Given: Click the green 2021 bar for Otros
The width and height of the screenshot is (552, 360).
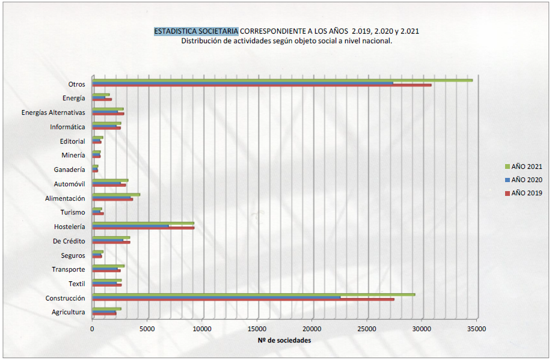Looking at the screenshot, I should click(283, 80).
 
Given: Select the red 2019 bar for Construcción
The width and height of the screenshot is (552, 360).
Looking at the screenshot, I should click(244, 299).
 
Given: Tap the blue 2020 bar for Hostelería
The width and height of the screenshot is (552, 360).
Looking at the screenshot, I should click(131, 225).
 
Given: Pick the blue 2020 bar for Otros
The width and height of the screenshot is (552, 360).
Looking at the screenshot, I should click(243, 83).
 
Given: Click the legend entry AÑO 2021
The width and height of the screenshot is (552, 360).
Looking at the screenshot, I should click(524, 166).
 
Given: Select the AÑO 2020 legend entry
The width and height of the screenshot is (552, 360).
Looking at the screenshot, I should click(524, 180).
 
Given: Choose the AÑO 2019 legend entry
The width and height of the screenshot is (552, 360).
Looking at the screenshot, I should click(524, 193).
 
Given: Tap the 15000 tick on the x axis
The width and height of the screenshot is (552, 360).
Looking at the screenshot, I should click(257, 329).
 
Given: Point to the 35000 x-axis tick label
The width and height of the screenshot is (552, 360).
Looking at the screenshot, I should click(477, 329).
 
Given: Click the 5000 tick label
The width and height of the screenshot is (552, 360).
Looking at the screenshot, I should click(147, 329).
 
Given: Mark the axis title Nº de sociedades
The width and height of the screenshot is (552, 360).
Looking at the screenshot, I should click(284, 341).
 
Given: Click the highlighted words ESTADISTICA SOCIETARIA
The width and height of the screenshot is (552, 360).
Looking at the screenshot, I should click(196, 31).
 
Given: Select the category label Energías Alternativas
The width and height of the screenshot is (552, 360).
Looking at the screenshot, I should click(53, 112).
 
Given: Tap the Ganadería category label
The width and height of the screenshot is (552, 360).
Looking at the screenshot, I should click(69, 169).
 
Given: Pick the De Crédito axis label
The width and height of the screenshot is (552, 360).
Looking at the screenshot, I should click(69, 241).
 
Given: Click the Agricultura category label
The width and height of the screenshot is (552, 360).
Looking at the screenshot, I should click(69, 312).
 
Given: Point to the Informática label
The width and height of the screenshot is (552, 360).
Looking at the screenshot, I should click(67, 127).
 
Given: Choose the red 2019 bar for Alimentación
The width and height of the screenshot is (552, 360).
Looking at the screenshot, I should click(112, 199).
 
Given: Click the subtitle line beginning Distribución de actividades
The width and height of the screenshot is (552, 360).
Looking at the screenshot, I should click(286, 41).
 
